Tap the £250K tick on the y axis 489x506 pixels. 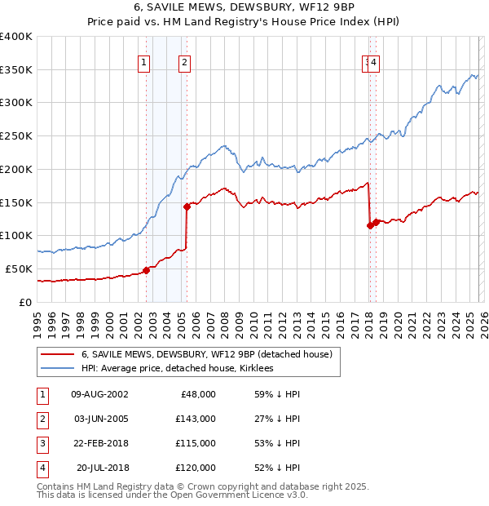(x=16, y=135)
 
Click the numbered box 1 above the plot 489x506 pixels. (x=144, y=62)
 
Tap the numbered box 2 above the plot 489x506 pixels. (x=185, y=62)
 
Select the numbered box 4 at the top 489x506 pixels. (x=373, y=62)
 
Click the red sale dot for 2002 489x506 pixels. (x=147, y=270)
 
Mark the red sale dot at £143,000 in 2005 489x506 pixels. (x=187, y=206)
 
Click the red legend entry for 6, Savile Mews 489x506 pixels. (x=206, y=355)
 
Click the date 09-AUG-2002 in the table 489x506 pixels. (x=99, y=393)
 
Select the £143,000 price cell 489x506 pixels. (x=196, y=419)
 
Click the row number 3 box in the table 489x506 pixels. (x=42, y=443)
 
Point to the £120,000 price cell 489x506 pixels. (x=196, y=468)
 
